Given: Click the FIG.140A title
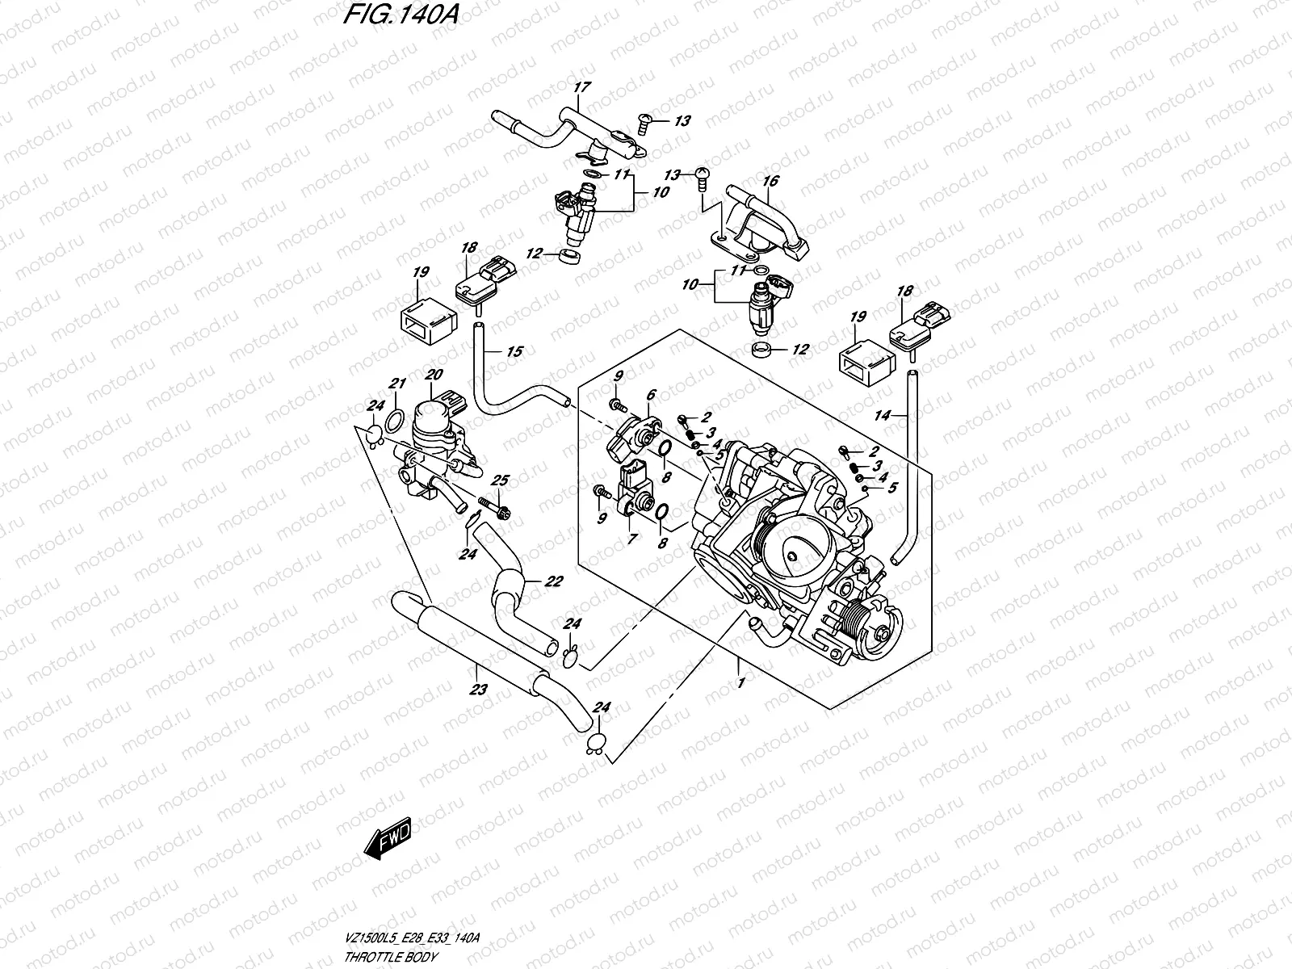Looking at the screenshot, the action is (400, 15).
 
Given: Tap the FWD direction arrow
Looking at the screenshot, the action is (388, 837).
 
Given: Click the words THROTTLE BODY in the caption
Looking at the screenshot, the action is (390, 957).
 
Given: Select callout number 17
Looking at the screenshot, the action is (582, 87).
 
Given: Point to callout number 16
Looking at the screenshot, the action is (770, 181).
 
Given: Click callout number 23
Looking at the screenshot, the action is (478, 689).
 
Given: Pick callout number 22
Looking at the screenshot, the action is (553, 581).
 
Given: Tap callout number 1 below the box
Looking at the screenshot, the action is (741, 682).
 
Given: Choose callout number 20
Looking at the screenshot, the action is (434, 374).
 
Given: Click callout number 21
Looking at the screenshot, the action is (397, 384).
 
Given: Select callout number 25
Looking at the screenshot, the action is (500, 480).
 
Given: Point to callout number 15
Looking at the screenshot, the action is (514, 352).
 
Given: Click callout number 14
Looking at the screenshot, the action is (882, 415).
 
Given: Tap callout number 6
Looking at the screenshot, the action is (650, 395).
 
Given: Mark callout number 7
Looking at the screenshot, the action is (631, 539).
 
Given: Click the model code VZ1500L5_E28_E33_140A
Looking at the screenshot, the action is (412, 938).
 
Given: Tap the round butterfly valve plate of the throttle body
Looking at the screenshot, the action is (792, 550).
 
